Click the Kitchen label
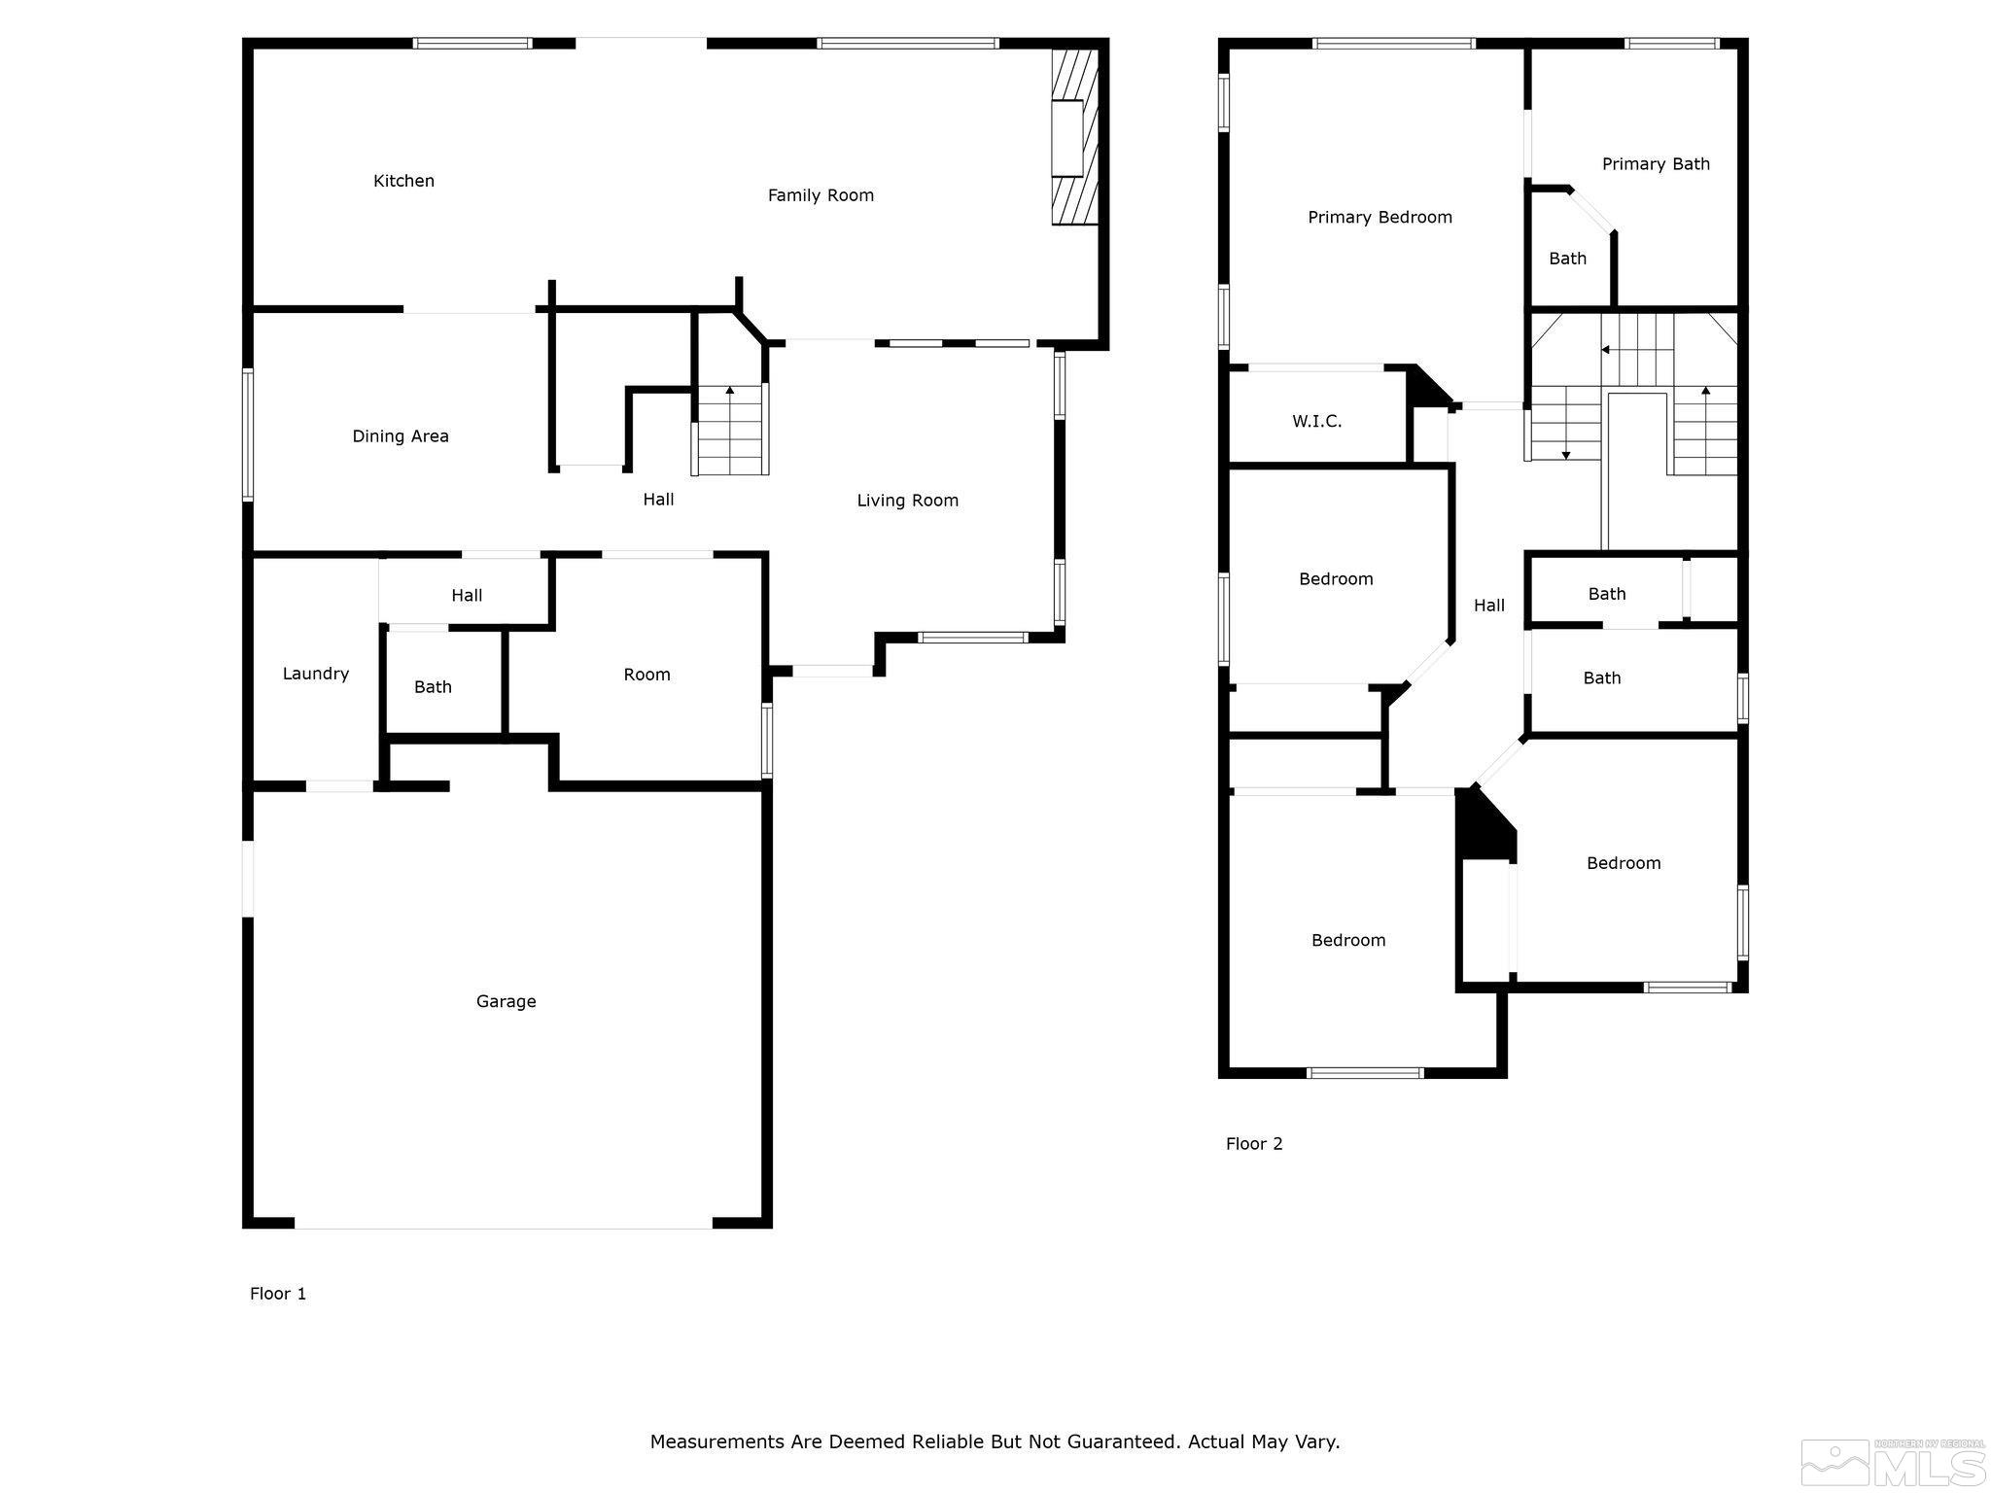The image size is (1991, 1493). click(x=403, y=181)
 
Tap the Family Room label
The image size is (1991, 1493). click(x=821, y=195)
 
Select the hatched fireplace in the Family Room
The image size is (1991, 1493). click(x=1075, y=137)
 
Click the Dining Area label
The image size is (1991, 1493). click(x=401, y=436)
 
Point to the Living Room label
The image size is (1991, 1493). click(x=907, y=501)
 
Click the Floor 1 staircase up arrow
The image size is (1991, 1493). click(x=730, y=391)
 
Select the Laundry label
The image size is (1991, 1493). click(x=315, y=674)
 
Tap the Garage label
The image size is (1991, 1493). click(x=506, y=1001)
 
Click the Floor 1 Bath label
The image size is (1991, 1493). click(x=433, y=687)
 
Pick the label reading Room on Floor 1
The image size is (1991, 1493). click(x=646, y=675)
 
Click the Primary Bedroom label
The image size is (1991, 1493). click(x=1380, y=218)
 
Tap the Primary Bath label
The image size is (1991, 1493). click(x=1656, y=164)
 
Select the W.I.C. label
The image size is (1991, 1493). click(x=1316, y=421)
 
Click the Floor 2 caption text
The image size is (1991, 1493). click(x=1254, y=1144)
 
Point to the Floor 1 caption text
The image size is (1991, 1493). click(x=278, y=1294)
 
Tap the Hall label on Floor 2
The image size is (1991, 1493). click(x=1488, y=606)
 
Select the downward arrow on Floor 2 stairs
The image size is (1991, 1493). click(x=1565, y=453)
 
